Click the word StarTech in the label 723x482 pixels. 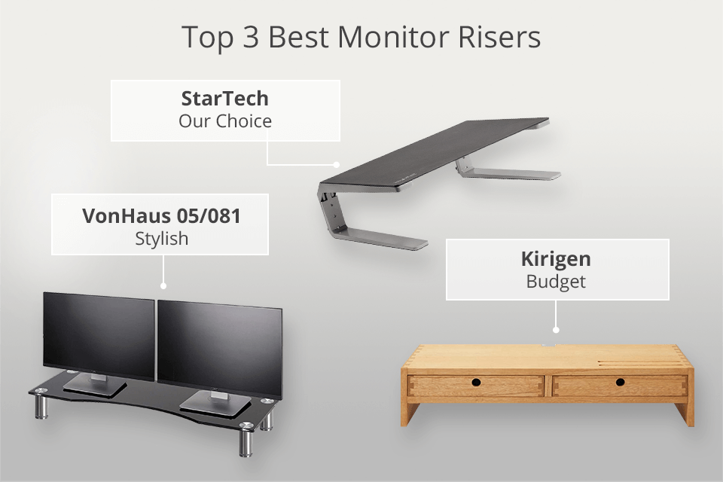[224, 99]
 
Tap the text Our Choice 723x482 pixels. [224, 120]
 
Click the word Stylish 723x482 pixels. [160, 239]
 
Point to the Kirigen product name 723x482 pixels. [556, 260]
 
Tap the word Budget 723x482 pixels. [556, 282]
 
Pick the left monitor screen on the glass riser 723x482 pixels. [99, 335]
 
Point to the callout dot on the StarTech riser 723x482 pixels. [337, 163]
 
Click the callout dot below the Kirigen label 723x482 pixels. [556, 328]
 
